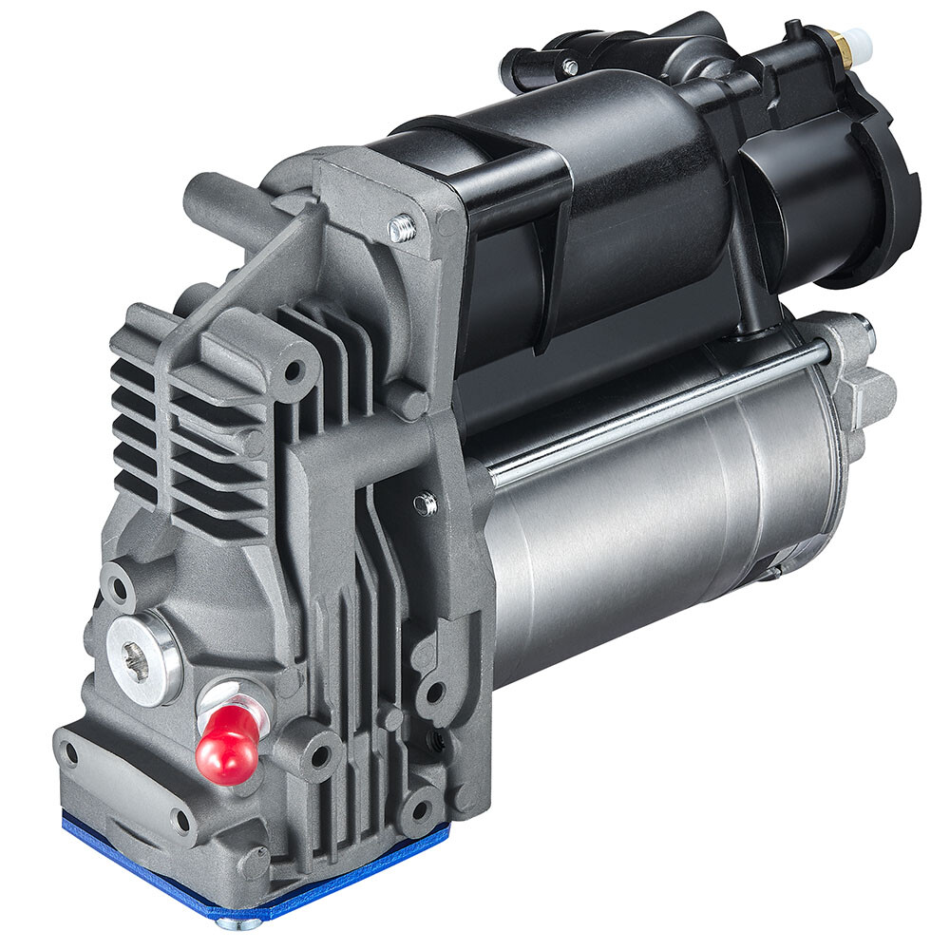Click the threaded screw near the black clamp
(403, 227)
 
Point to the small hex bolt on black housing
(569, 66)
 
